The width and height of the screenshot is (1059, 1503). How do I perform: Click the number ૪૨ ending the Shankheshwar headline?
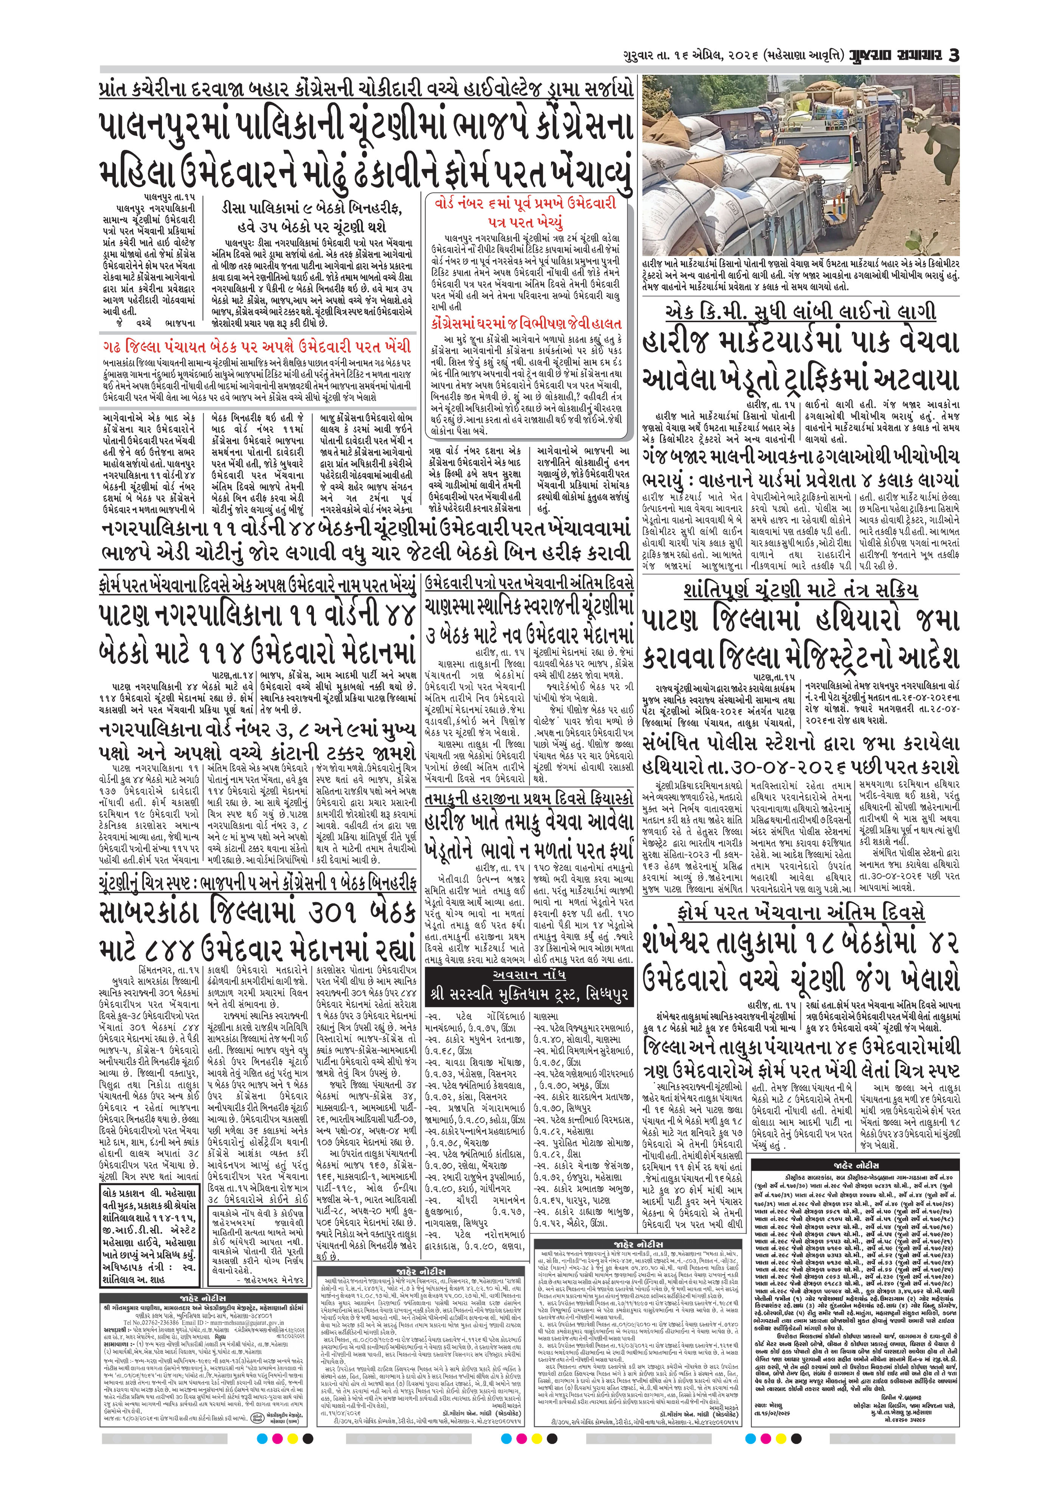pyautogui.click(x=936, y=944)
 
